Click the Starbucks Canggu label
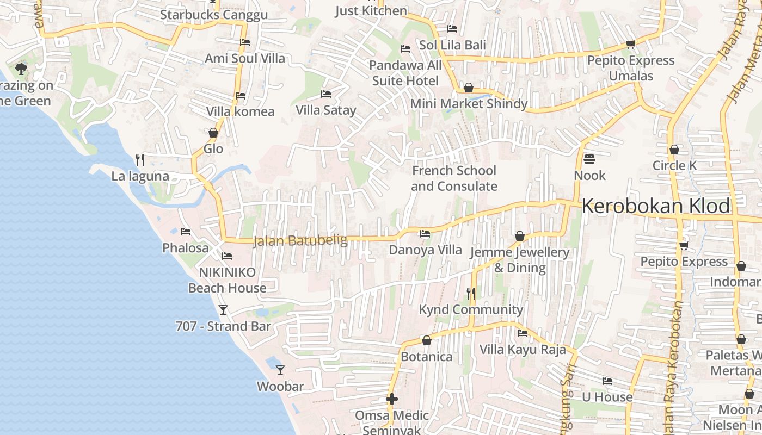pyautogui.click(x=213, y=15)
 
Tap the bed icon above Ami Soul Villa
pyautogui.click(x=245, y=42)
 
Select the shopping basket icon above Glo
pyautogui.click(x=213, y=133)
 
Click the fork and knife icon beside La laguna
pyautogui.click(x=140, y=159)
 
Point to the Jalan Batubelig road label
pyautogui.click(x=300, y=240)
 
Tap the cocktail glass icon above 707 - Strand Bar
pyautogui.click(x=223, y=310)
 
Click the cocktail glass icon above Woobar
pyautogui.click(x=280, y=370)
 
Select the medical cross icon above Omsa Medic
pyautogui.click(x=391, y=399)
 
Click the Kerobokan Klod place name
pyautogui.click(x=656, y=206)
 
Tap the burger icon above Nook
pyautogui.click(x=589, y=159)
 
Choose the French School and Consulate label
pyautogui.click(x=454, y=178)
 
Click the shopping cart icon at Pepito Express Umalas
pyautogui.click(x=630, y=44)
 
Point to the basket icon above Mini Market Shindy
pyautogui.click(x=468, y=88)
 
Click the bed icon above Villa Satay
pyautogui.click(x=325, y=94)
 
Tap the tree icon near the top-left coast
pyautogui.click(x=21, y=69)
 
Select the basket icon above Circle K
pyautogui.click(x=674, y=150)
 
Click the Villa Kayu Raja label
pyautogui.click(x=523, y=350)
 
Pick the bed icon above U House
pyautogui.click(x=607, y=381)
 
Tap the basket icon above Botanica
pyautogui.click(x=427, y=341)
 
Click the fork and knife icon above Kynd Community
pyautogui.click(x=471, y=294)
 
